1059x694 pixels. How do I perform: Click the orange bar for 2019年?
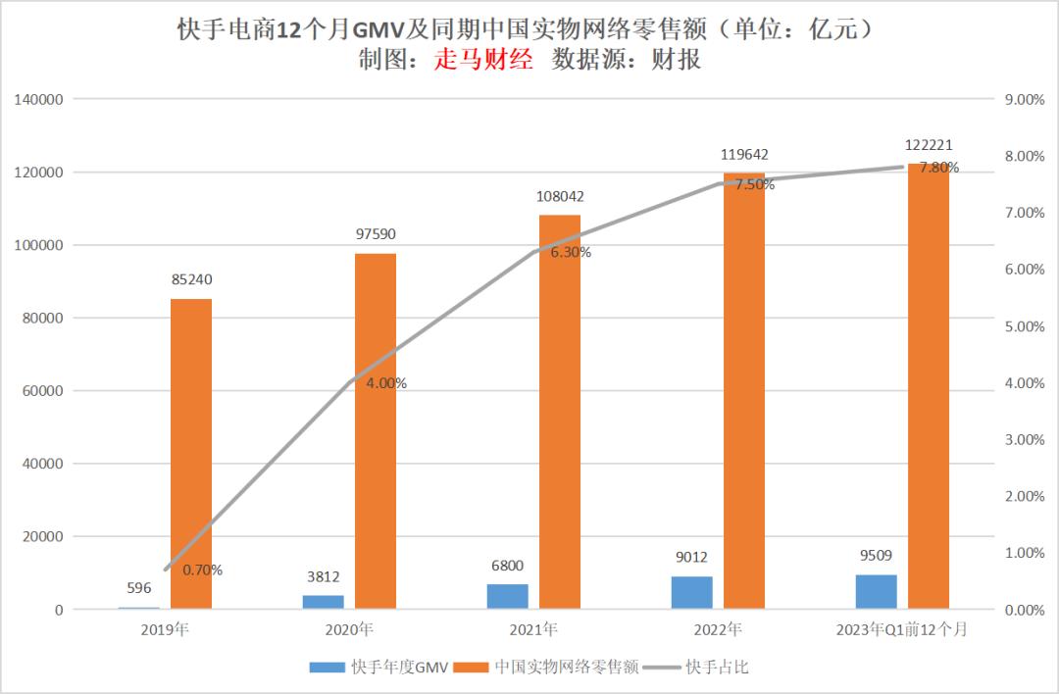(191, 454)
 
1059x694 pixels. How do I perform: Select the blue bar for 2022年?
(692, 593)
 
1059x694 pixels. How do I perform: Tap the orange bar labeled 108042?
(560, 412)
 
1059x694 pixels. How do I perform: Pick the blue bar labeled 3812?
(324, 602)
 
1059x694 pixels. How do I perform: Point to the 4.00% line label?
(386, 383)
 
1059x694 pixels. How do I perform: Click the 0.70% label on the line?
(202, 570)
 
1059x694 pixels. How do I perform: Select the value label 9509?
(876, 556)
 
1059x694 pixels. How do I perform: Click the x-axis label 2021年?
(534, 629)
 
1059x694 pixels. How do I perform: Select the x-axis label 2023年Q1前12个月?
(903, 629)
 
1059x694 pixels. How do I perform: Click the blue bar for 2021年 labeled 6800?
(508, 597)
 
